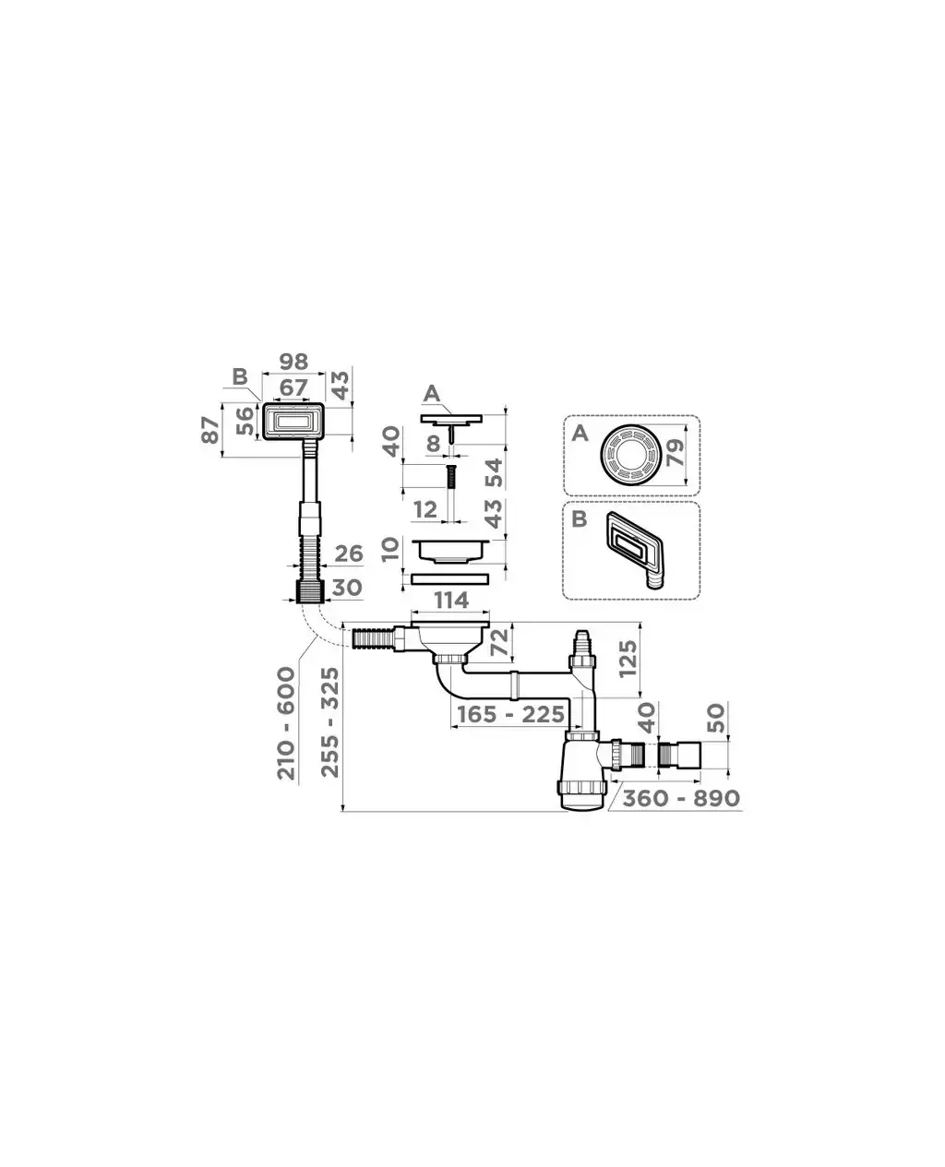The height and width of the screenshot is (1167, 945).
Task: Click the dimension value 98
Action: pyautogui.click(x=293, y=362)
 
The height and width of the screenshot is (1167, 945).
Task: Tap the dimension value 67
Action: pyautogui.click(x=293, y=387)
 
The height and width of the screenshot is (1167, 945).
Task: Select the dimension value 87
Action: pyautogui.click(x=210, y=430)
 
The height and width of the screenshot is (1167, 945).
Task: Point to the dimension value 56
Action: pyautogui.click(x=246, y=421)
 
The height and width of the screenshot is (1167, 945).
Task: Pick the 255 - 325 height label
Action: pyautogui.click(x=330, y=722)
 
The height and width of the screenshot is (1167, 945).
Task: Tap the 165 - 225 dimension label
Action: pyautogui.click(x=510, y=714)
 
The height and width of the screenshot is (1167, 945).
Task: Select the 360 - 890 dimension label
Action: pyautogui.click(x=681, y=798)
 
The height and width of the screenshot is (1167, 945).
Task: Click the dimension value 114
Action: pyautogui.click(x=451, y=601)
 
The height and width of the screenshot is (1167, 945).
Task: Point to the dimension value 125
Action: pyautogui.click(x=628, y=659)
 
